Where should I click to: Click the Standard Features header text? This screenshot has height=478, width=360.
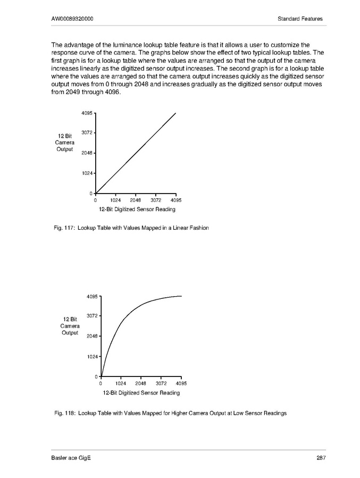300,19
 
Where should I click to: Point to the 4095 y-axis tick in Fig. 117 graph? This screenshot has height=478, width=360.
87,113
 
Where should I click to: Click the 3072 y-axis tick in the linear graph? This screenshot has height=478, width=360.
87,133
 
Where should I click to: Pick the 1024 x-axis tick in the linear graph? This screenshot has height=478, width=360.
115,200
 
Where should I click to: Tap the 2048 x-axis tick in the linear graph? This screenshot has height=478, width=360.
135,200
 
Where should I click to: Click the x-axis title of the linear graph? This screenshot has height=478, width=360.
136,209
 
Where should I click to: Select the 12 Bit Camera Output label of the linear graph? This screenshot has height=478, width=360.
65,143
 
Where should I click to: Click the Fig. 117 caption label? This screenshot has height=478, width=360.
63,228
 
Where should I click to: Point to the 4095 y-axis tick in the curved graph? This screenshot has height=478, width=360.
92,296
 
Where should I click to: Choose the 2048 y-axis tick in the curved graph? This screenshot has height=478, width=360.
92,337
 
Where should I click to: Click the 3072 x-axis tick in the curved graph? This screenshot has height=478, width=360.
161,383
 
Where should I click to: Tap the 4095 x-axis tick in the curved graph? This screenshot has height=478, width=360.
181,383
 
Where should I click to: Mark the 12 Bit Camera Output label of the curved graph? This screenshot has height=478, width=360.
70,326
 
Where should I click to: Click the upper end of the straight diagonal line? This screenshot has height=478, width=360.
175,113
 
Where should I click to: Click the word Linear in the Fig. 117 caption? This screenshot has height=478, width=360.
173,228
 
